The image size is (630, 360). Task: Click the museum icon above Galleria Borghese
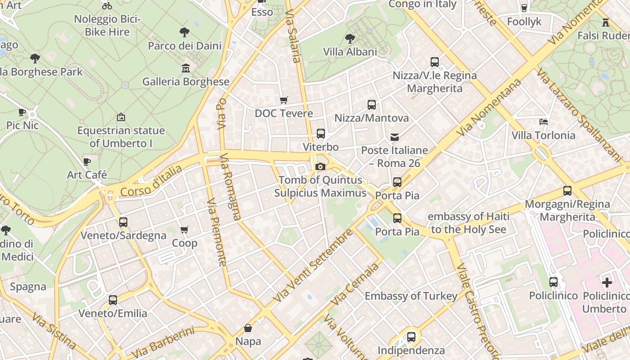click(x=185, y=68)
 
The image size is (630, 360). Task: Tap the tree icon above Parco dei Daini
click(x=184, y=32)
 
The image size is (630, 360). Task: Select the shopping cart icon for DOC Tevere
click(x=283, y=100)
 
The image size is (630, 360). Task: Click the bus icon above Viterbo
click(x=320, y=134)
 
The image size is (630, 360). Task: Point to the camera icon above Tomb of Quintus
click(x=320, y=167)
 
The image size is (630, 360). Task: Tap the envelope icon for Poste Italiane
click(x=395, y=137)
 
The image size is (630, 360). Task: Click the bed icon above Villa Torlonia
click(x=544, y=122)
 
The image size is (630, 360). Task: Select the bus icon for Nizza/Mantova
click(x=371, y=105)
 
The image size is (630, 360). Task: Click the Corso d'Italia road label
click(x=151, y=181)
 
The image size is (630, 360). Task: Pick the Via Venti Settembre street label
click(x=314, y=266)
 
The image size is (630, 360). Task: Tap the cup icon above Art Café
click(x=87, y=162)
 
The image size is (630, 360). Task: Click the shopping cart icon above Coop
click(x=184, y=230)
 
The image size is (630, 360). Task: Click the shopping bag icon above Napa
click(x=247, y=328)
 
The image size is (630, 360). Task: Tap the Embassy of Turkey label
click(x=411, y=296)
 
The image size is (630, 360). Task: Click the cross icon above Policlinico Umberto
click(x=607, y=283)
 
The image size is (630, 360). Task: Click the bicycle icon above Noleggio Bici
click(x=107, y=6)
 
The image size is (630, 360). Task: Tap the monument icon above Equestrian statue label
click(x=121, y=117)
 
